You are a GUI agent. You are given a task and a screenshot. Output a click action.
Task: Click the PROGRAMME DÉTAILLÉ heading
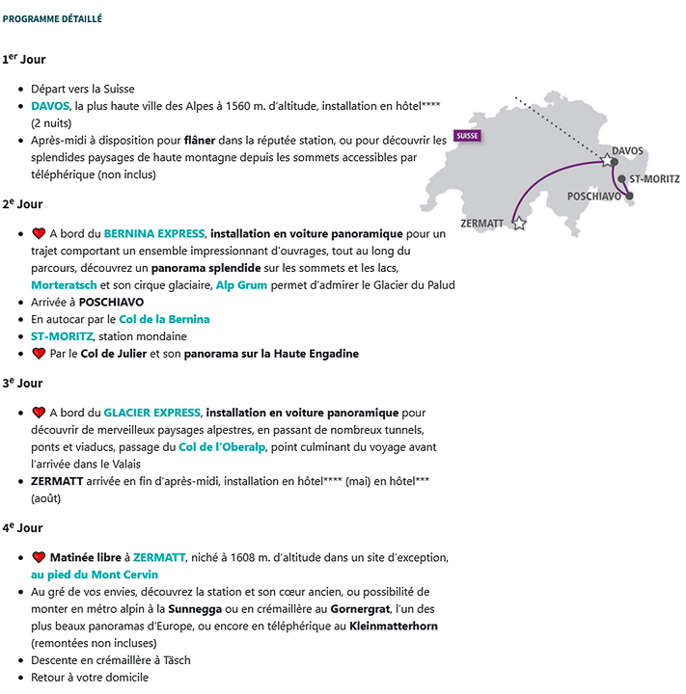[52, 18]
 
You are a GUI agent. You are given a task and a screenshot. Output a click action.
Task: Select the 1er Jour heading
[24, 60]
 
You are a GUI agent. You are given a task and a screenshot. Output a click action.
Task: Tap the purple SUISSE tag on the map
[467, 136]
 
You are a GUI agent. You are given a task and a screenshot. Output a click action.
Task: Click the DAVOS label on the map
[627, 151]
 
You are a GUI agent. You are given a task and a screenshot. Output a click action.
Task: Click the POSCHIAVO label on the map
[594, 196]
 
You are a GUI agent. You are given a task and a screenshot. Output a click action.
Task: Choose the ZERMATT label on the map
[482, 224]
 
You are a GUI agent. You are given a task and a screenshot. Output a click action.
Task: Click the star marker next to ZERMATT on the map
[519, 224]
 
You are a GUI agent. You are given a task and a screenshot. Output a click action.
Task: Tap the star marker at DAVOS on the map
[607, 159]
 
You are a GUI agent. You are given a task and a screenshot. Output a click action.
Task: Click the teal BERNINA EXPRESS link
[154, 233]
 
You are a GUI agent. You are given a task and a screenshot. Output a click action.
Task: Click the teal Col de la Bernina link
[164, 319]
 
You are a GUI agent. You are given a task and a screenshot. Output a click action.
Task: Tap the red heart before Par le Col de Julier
[39, 354]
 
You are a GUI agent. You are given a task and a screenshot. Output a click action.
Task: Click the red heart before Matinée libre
[39, 557]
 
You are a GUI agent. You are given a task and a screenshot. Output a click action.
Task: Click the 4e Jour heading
[24, 528]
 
